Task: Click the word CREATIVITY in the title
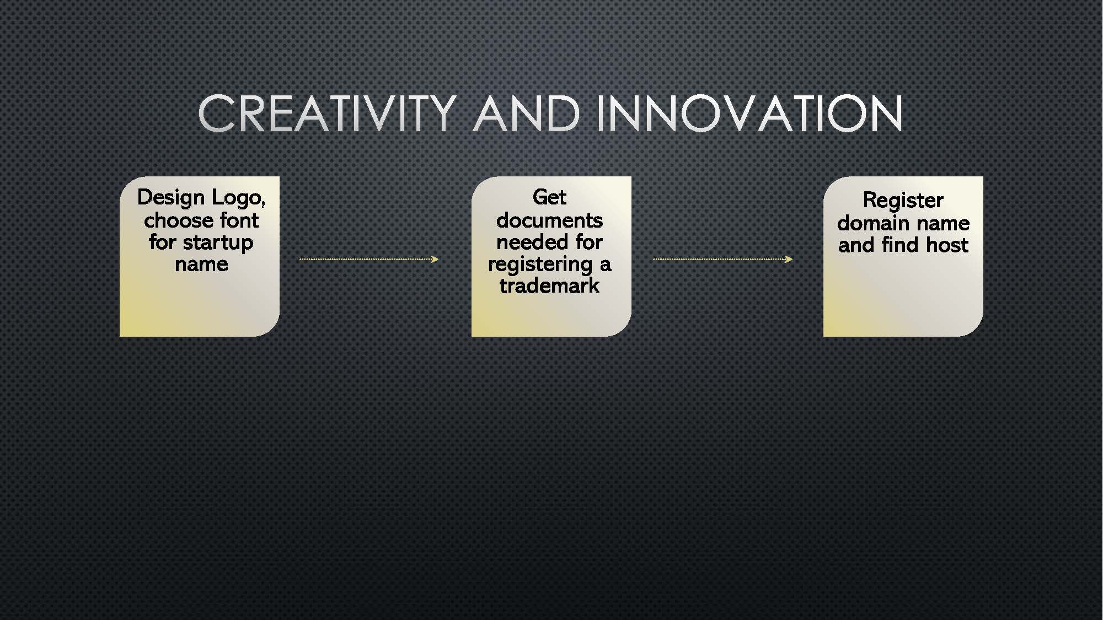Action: click(x=327, y=114)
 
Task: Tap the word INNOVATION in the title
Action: click(x=749, y=114)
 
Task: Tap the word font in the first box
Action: click(x=239, y=220)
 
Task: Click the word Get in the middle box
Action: click(x=549, y=197)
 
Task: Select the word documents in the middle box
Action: click(x=549, y=220)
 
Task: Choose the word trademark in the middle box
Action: click(x=549, y=285)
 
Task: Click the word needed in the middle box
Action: click(x=531, y=242)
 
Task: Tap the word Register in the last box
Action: click(x=903, y=201)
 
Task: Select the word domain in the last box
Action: click(x=871, y=223)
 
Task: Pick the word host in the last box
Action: click(x=946, y=245)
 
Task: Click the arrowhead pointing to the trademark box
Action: click(x=435, y=259)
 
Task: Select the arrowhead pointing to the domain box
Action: click(x=789, y=259)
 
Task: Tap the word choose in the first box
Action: click(x=179, y=220)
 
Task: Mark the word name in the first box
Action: click(x=201, y=265)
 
